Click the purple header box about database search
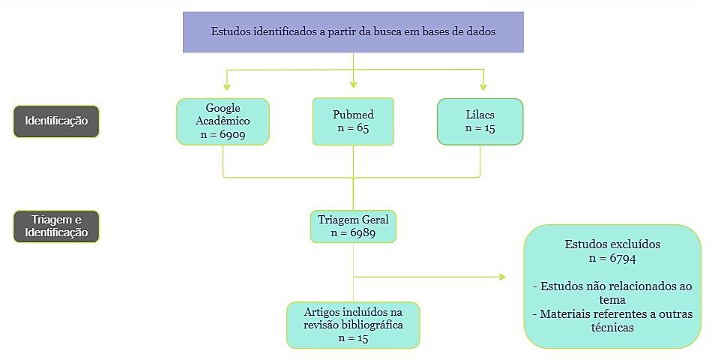[353, 32]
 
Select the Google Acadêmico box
[223, 121]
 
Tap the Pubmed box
[353, 121]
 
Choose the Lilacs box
[480, 121]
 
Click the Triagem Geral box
[353, 226]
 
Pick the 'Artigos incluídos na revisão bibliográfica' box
[353, 325]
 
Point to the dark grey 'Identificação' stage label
[56, 121]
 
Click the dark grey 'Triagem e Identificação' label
[56, 226]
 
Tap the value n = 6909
[223, 135]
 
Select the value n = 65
[353, 128]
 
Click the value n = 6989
[353, 233]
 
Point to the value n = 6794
[612, 258]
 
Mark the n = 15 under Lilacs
[480, 128]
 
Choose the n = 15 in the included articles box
[353, 338]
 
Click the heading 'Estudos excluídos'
[612, 244]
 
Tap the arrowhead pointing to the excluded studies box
[502, 277]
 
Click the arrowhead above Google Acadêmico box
[227, 86]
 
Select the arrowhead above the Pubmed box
[353, 85]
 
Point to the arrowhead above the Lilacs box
[483, 86]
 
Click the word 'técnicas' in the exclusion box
[612, 328]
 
